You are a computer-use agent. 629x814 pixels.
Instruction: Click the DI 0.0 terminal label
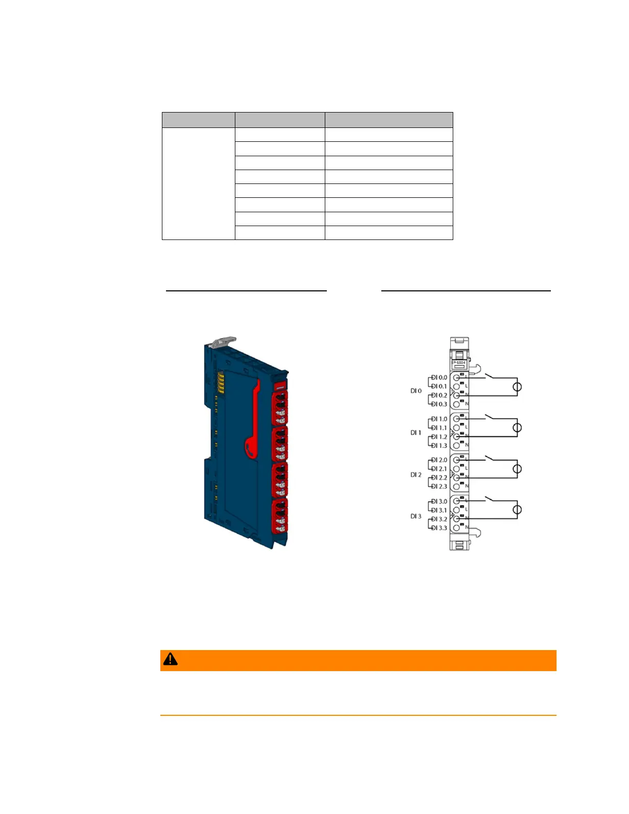(x=439, y=377)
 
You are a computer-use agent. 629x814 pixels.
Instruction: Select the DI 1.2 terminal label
(x=439, y=437)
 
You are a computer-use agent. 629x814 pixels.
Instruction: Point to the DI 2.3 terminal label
(x=439, y=486)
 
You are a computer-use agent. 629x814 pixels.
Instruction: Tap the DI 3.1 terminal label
(x=439, y=510)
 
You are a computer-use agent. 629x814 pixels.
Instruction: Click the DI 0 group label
(x=416, y=391)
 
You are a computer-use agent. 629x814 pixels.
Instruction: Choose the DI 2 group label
(x=416, y=475)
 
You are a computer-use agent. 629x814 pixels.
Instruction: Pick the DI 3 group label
(x=416, y=516)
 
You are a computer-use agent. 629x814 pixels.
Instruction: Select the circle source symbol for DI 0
(x=517, y=387)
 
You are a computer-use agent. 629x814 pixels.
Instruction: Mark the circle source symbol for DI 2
(x=517, y=469)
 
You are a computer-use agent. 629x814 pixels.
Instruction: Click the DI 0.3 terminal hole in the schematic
(x=456, y=404)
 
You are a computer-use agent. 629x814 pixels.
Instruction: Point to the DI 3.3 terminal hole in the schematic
(x=456, y=528)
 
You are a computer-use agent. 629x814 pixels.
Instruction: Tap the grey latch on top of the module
(x=224, y=341)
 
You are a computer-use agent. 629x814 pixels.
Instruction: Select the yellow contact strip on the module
(x=221, y=383)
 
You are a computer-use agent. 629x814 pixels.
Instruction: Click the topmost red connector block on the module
(x=280, y=408)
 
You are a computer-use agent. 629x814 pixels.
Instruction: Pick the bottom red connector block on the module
(x=280, y=515)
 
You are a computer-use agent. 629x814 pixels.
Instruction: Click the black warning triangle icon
(x=170, y=659)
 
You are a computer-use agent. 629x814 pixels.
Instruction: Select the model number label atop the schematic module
(x=458, y=363)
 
